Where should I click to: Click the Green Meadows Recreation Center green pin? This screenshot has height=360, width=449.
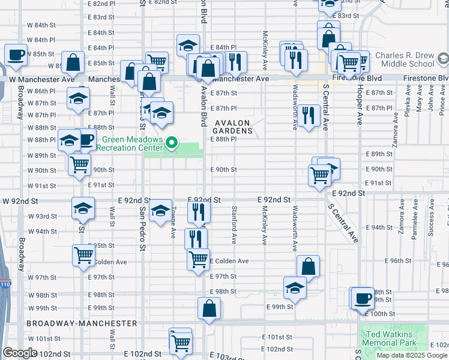click(172, 143)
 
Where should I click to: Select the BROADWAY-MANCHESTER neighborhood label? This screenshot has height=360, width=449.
click(82, 323)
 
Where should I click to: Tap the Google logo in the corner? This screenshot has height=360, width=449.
click(20, 353)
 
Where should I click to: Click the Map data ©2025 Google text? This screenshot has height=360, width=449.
click(412, 355)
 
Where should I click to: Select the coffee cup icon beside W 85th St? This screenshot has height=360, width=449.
click(16, 55)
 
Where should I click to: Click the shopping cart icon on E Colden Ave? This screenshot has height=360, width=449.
click(199, 259)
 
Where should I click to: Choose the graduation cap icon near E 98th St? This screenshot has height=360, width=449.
click(295, 287)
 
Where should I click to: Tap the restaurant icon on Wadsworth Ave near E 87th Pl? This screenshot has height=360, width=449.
click(309, 115)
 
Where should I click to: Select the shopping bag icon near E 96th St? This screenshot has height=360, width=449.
click(308, 266)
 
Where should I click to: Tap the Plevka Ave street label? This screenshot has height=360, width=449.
click(408, 100)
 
